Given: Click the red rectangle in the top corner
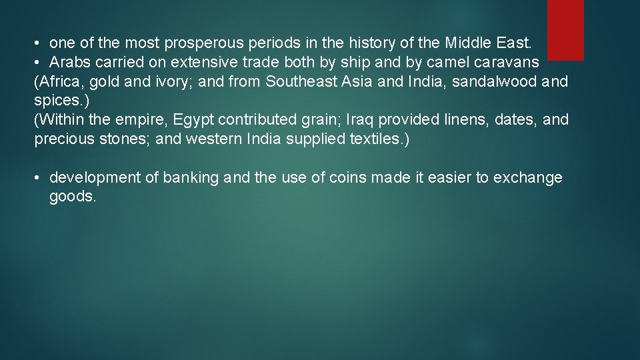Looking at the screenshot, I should point(565,29).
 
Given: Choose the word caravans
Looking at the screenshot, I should point(509,63).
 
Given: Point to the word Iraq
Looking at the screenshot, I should point(358,121).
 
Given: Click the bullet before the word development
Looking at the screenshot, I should point(39,178).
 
